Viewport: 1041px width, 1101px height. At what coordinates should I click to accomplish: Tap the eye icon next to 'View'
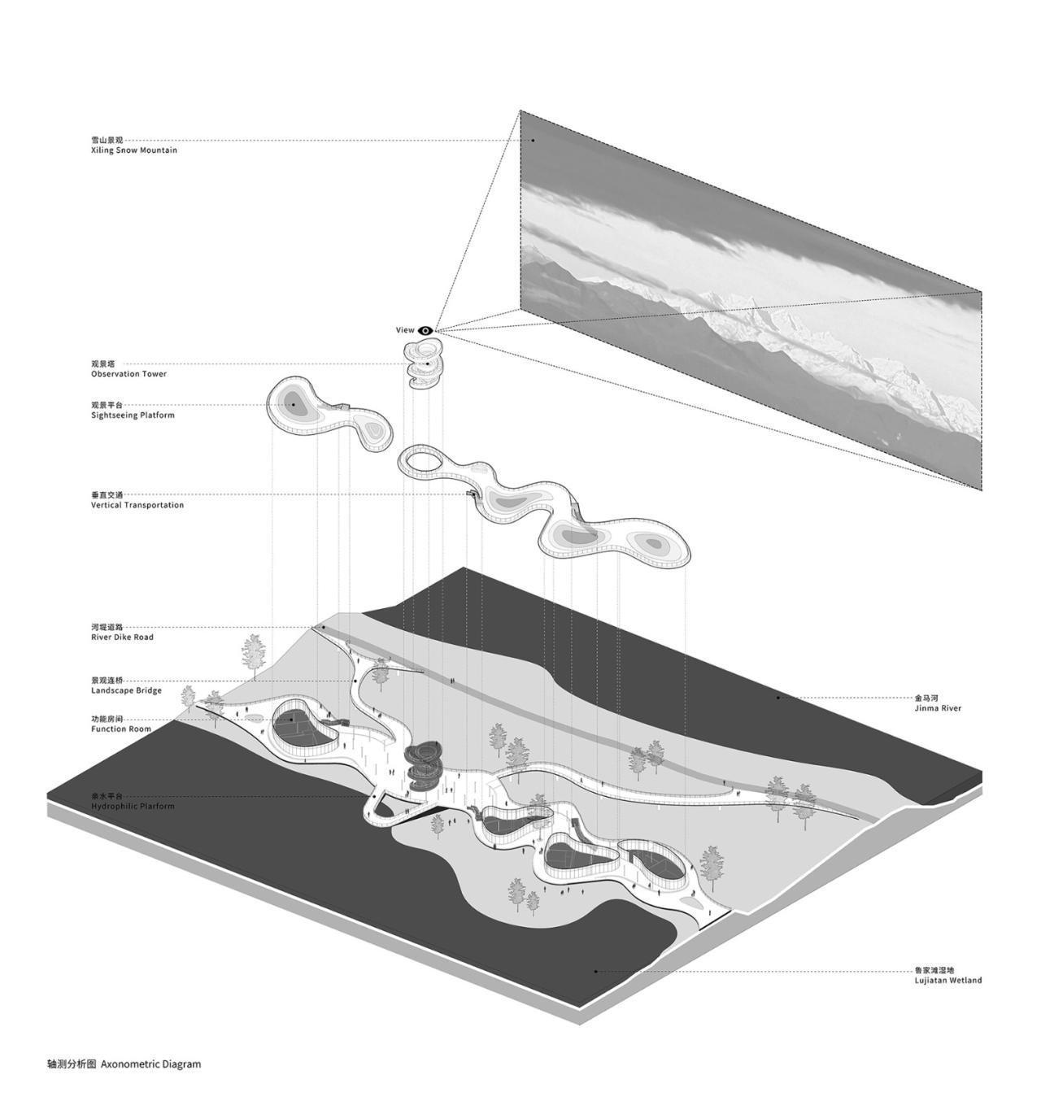[425, 330]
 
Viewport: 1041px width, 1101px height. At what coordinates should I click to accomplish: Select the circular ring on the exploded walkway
[421, 461]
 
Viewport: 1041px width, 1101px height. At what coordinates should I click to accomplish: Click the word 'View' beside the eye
[405, 330]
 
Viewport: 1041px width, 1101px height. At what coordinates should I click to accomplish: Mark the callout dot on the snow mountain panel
[534, 140]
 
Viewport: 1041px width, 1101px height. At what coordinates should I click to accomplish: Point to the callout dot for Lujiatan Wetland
[595, 970]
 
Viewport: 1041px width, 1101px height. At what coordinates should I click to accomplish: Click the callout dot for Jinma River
[778, 697]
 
